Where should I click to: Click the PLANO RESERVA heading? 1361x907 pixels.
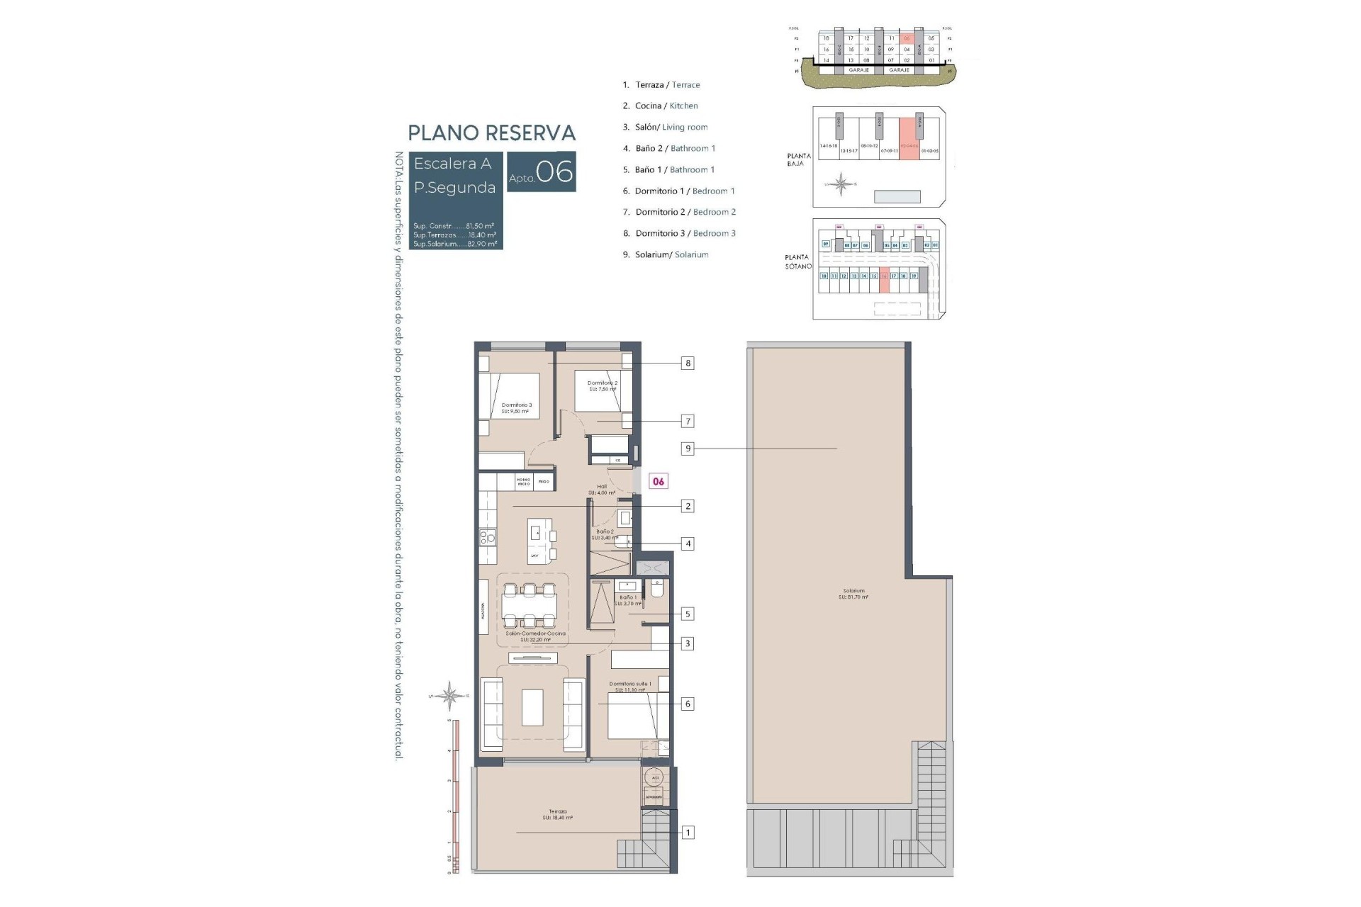pos(491,133)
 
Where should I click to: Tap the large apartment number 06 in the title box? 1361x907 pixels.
pos(554,172)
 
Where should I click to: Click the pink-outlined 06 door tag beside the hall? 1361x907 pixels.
pos(659,482)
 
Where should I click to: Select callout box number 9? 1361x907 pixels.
pos(688,449)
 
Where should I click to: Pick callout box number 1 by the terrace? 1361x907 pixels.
pos(688,833)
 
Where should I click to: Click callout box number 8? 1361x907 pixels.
pos(688,364)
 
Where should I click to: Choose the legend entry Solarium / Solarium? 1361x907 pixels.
pos(671,254)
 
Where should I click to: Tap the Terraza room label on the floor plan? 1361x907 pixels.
pos(557,814)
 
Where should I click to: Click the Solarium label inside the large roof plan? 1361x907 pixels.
pos(853,594)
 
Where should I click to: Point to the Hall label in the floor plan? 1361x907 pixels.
pos(602,489)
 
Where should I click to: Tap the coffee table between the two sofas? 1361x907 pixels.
pos(532,707)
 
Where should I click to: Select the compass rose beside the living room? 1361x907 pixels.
pos(450,695)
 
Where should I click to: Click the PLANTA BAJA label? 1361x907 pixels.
pos(798,159)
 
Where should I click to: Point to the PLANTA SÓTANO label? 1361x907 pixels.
pos(797,261)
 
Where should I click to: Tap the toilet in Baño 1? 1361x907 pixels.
pos(656,590)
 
